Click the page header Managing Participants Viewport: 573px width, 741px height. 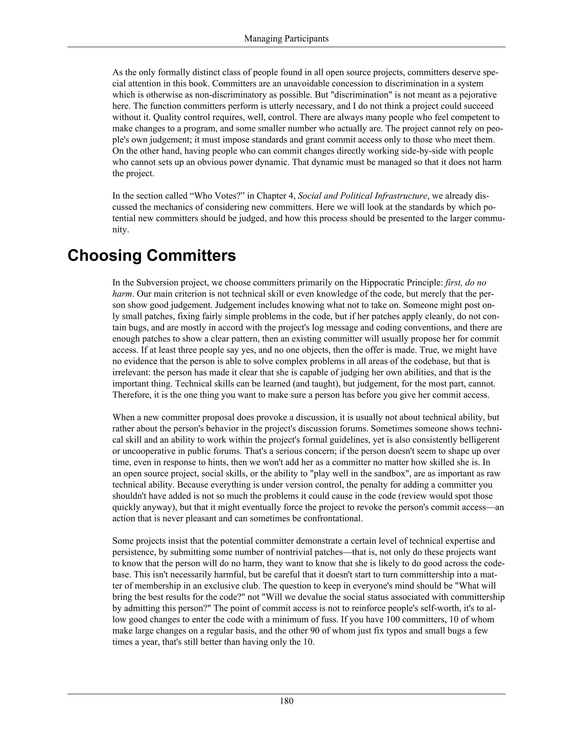286,39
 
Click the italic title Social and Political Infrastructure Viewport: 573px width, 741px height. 362,196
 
